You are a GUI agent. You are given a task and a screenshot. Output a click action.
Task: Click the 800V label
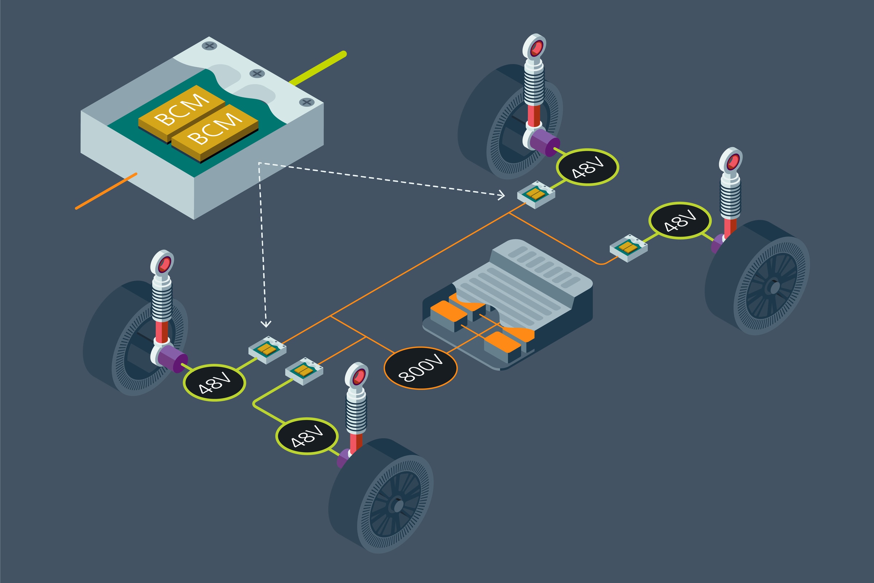(421, 368)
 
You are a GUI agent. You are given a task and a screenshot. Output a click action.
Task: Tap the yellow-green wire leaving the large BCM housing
(319, 69)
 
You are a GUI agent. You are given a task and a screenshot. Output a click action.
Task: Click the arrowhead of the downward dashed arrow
(266, 324)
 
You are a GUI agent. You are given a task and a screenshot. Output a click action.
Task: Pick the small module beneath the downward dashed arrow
(267, 350)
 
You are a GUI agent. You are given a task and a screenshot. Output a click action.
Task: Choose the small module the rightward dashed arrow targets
(536, 194)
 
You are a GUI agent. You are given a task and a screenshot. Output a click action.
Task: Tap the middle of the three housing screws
(257, 73)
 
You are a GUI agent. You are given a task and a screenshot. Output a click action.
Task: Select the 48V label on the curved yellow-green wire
(307, 436)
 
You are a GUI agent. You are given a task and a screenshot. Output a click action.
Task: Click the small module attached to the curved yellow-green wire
(304, 371)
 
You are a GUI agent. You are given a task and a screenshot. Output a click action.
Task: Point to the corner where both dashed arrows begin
(259, 163)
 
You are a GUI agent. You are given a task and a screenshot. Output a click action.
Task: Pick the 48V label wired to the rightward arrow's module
(587, 167)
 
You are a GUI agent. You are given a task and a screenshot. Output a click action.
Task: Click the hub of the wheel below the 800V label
(397, 506)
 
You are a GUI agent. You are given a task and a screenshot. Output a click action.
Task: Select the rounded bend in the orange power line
(602, 264)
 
